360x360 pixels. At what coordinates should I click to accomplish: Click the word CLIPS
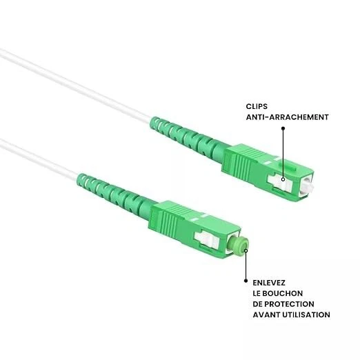(x=258, y=106)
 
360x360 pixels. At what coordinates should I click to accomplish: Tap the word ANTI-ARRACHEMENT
(x=288, y=117)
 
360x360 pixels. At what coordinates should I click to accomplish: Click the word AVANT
(x=266, y=314)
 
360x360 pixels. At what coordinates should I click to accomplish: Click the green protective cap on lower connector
(x=241, y=247)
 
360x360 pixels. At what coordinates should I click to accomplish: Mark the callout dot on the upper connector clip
(x=283, y=181)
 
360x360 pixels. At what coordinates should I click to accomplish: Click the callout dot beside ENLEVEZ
(x=246, y=281)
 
